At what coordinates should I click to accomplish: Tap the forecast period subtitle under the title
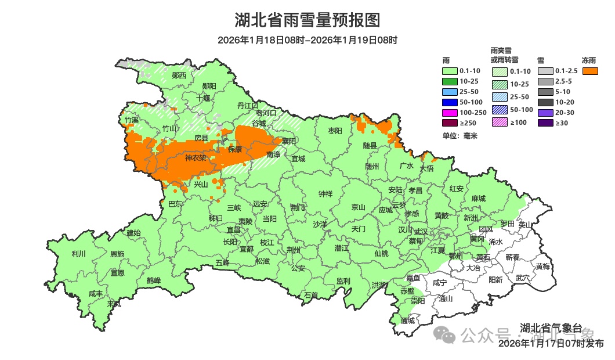pyautogui.click(x=307, y=40)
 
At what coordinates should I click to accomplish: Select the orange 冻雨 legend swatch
pyautogui.click(x=591, y=71)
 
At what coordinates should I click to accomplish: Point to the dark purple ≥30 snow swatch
pyautogui.click(x=545, y=123)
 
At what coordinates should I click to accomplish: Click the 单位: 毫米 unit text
pyautogui.click(x=458, y=136)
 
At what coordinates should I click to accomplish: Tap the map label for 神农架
pyautogui.click(x=196, y=158)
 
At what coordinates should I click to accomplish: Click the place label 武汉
pyautogui.click(x=421, y=232)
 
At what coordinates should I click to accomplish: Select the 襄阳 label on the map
pyautogui.click(x=289, y=141)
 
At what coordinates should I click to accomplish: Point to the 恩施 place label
pyautogui.click(x=117, y=254)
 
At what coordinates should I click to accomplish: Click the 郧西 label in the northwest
pyautogui.click(x=179, y=75)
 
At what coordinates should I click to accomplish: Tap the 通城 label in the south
pyautogui.click(x=408, y=321)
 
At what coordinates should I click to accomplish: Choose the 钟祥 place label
pyautogui.click(x=325, y=195)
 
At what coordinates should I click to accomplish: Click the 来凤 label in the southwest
pyautogui.click(x=114, y=304)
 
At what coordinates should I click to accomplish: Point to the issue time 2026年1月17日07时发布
pyautogui.click(x=551, y=344)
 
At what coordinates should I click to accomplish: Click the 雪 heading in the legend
pyautogui.click(x=540, y=60)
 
